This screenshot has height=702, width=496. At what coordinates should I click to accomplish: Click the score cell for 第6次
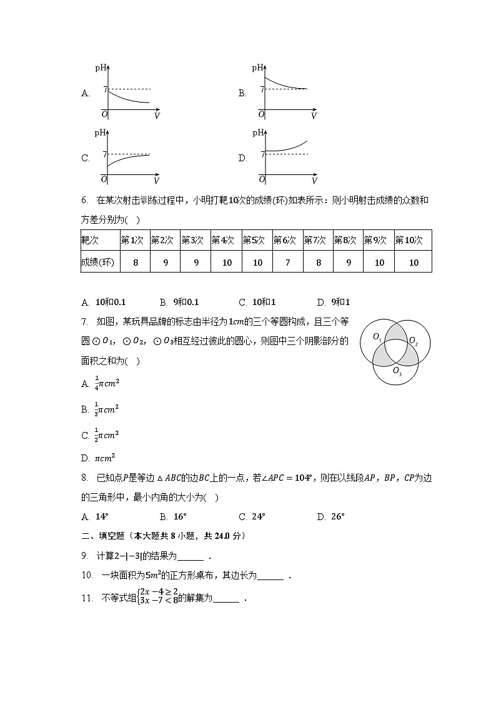(287, 263)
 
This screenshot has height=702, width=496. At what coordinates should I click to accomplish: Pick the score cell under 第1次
(135, 263)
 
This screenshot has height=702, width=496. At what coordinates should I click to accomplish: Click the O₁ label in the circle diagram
(377, 337)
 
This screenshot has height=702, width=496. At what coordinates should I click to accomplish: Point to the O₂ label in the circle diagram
(413, 341)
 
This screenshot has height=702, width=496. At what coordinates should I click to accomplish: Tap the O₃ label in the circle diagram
(397, 371)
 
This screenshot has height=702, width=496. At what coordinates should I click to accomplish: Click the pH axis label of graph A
(101, 67)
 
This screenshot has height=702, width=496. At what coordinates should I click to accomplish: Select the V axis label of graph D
(314, 181)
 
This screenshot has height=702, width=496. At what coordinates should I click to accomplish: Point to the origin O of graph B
(261, 114)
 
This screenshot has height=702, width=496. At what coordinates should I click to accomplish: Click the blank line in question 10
(270, 576)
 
